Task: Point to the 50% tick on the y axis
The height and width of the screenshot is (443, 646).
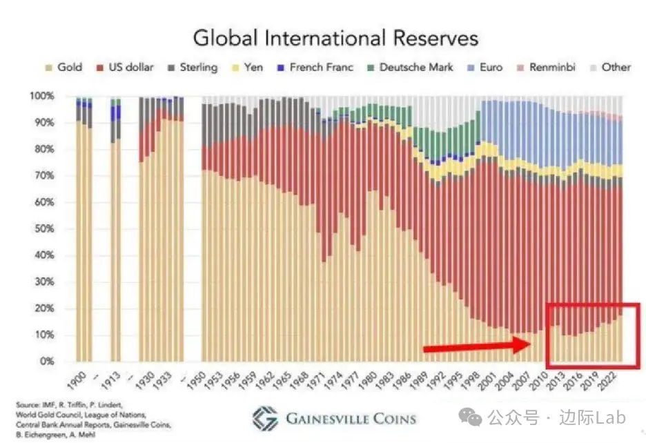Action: [x=43, y=229]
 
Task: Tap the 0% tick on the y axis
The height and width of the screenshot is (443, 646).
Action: [x=46, y=362]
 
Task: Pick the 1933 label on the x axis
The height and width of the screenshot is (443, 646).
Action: [x=170, y=378]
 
